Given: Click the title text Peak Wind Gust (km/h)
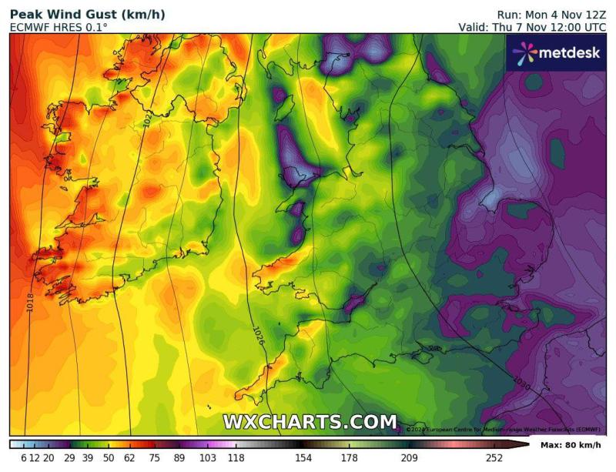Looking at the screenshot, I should click(x=87, y=15).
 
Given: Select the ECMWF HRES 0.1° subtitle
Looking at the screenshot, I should click(x=59, y=27).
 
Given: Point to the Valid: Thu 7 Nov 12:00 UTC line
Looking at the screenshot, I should click(x=532, y=27).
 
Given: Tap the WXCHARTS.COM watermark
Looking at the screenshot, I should click(x=310, y=422).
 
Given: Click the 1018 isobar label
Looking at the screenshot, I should click(x=30, y=301).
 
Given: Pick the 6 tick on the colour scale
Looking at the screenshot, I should click(x=24, y=458).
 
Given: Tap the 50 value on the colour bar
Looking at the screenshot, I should click(x=109, y=458).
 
